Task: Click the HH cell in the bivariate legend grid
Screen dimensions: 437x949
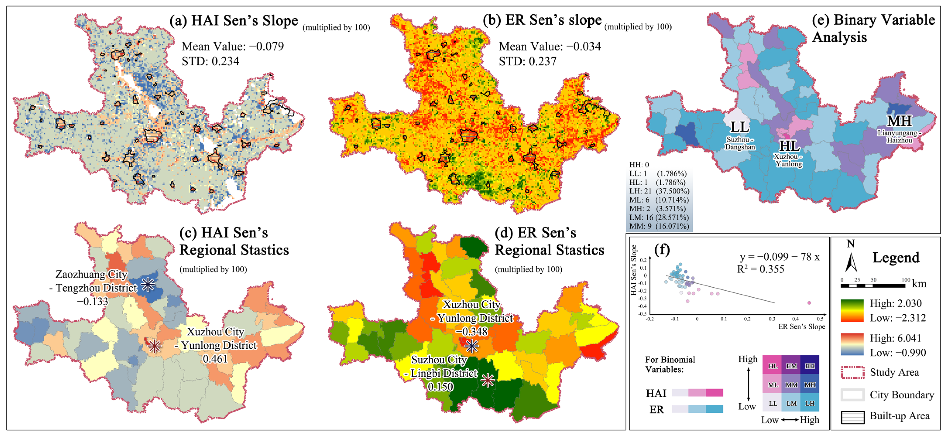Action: [810, 366]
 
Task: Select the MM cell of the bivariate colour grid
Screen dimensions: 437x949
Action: [791, 385]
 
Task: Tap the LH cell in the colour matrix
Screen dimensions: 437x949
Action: [810, 403]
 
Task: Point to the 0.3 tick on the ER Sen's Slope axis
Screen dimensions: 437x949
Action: [772, 319]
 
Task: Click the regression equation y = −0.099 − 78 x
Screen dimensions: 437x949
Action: [779, 257]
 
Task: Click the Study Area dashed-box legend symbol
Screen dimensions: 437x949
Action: [853, 373]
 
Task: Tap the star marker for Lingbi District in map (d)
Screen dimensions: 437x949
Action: [487, 380]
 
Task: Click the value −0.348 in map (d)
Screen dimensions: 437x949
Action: [471, 332]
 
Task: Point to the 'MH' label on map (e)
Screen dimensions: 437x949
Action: [899, 121]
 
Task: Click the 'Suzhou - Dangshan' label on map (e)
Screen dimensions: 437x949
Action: [740, 143]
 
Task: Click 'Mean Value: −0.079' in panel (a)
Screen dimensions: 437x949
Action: [233, 46]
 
